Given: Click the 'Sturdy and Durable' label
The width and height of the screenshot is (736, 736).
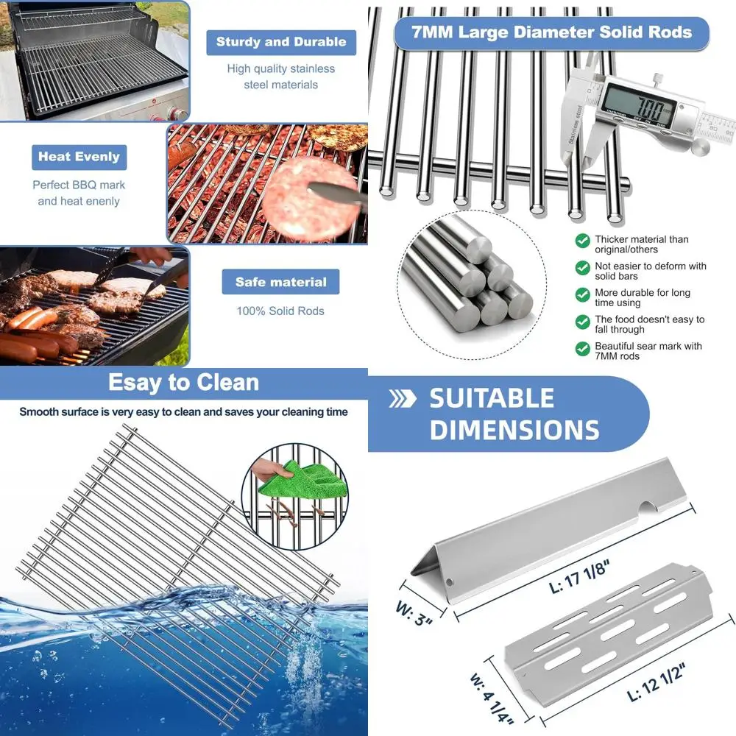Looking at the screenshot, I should pos(281,42).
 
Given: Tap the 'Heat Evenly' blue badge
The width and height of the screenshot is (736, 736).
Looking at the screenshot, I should pos(79,157).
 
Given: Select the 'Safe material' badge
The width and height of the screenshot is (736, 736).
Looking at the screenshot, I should pos(280,282).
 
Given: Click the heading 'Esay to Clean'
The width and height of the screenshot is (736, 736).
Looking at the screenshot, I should pos(183,383).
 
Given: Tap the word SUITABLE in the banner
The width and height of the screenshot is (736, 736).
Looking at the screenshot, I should pos(492,399).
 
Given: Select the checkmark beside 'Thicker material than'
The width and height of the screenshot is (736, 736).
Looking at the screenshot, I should pos(582,241).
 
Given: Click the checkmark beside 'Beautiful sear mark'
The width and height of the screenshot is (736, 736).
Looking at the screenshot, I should pos(582,347).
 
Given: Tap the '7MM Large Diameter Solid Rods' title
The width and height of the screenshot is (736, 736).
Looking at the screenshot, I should pos(551,33).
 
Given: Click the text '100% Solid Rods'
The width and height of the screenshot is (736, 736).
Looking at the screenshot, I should pos(280,311).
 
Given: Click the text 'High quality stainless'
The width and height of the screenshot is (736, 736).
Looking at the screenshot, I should pos(280,69).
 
